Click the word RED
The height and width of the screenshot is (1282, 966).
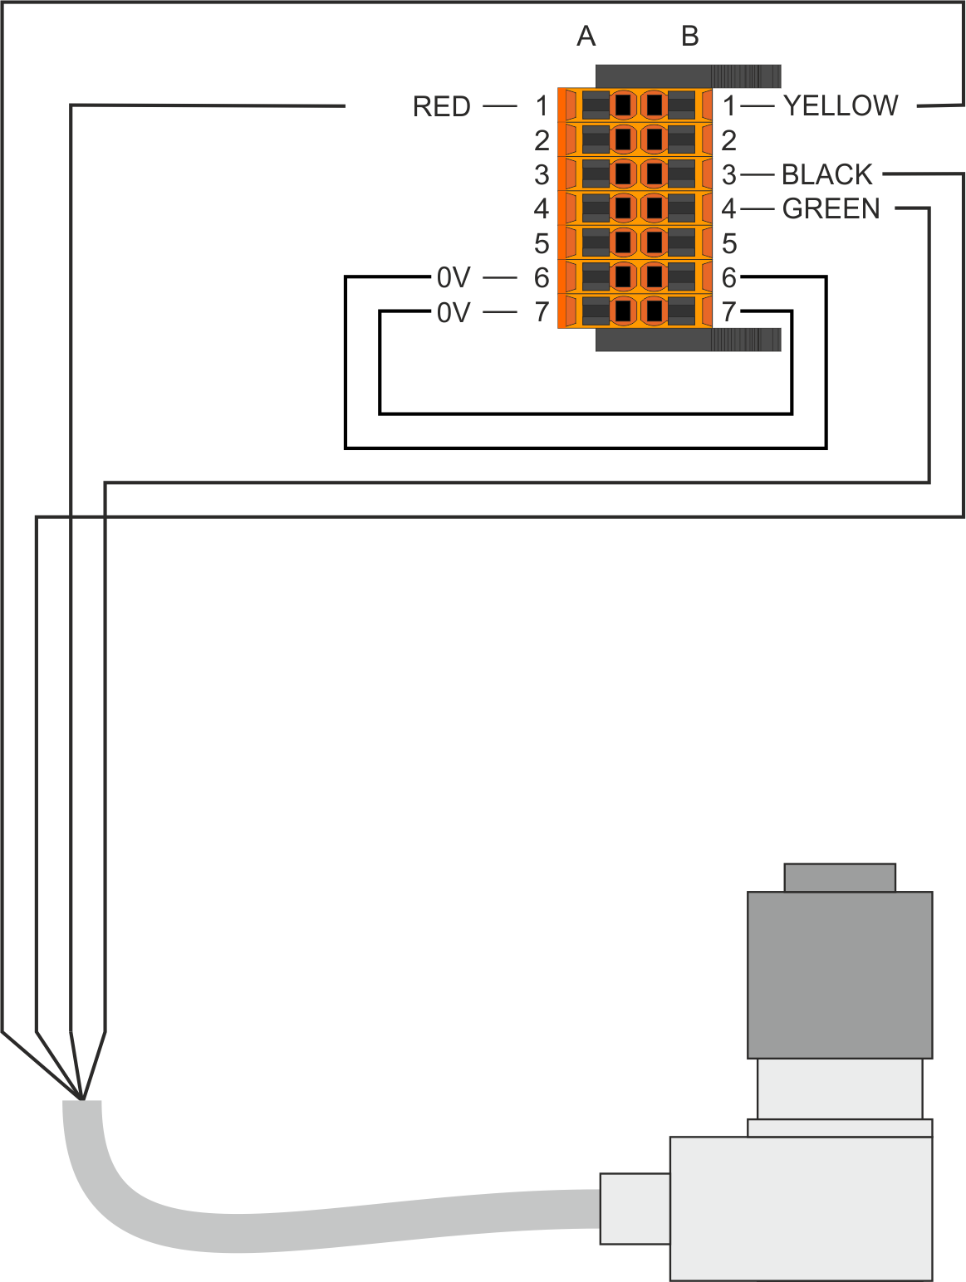tap(441, 107)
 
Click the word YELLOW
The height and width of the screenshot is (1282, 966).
tap(841, 105)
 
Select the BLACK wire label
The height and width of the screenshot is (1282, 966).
tap(827, 174)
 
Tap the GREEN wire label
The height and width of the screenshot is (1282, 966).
tap(831, 208)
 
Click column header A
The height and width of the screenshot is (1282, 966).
tap(586, 37)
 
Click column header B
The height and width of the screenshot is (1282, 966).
tap(689, 37)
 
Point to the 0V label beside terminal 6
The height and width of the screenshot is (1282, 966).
tap(454, 277)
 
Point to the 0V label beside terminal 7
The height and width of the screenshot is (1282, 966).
tap(454, 312)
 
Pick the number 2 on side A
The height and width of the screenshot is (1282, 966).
tap(542, 140)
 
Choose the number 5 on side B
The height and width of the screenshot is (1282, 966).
tap(729, 243)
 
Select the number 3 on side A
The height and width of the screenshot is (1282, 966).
tap(542, 175)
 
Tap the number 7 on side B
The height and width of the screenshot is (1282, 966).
tap(729, 312)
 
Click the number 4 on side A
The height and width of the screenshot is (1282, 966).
tap(542, 208)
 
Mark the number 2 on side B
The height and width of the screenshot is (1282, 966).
tap(729, 140)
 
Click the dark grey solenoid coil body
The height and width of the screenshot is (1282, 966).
tap(840, 974)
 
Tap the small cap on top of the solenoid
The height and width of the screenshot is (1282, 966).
tap(840, 877)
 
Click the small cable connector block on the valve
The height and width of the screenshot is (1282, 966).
tap(635, 1208)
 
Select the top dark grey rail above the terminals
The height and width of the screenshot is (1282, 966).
tap(688, 76)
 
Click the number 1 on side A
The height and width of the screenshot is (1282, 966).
tap(542, 106)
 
